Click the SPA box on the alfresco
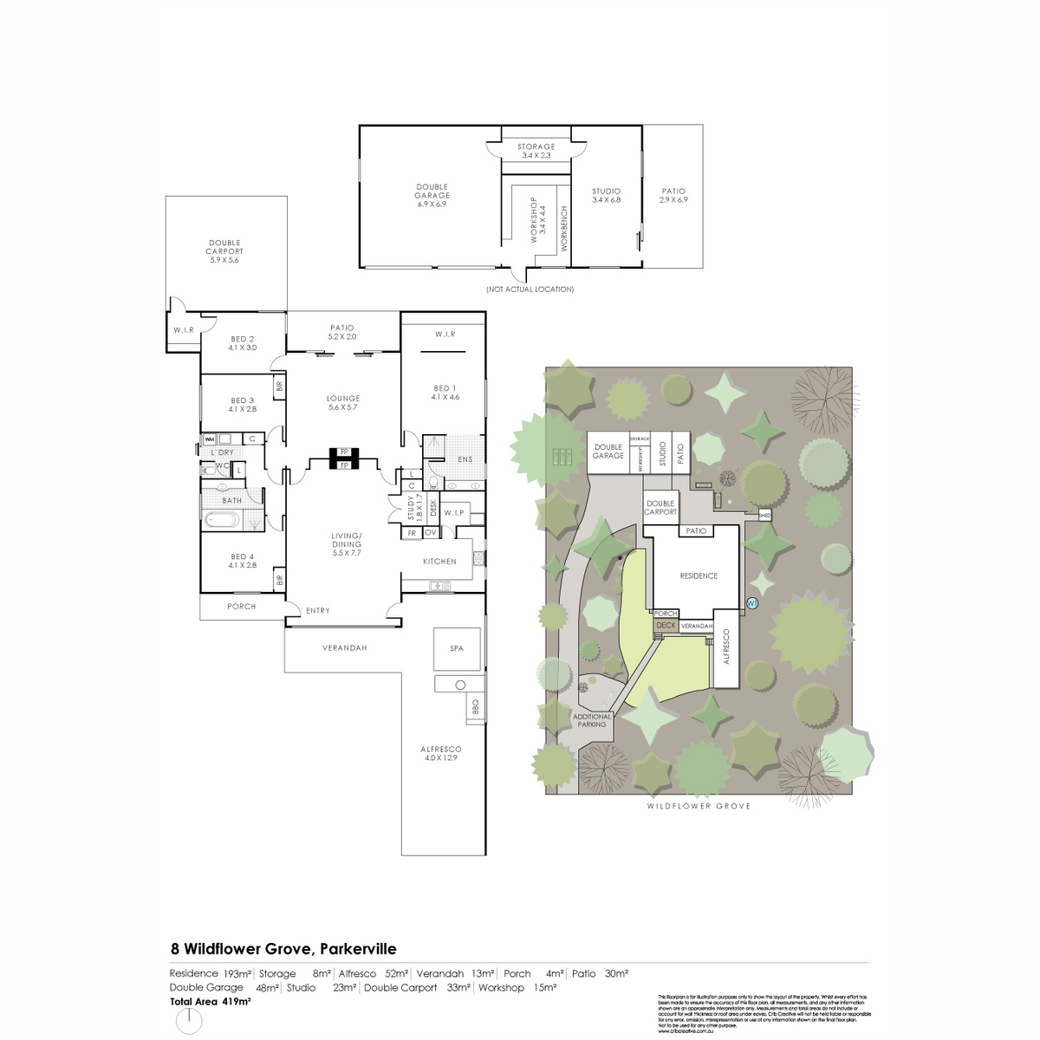[x=457, y=648]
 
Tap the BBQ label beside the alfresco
[x=475, y=710]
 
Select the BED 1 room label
[x=444, y=393]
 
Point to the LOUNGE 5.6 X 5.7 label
[x=343, y=403]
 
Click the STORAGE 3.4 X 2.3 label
[x=536, y=151]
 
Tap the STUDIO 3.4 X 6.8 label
[x=606, y=195]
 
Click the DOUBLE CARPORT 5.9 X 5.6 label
[x=224, y=251]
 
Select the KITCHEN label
[x=439, y=562]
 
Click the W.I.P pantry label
[x=454, y=513]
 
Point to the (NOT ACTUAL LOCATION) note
[x=530, y=289]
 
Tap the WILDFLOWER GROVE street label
[x=699, y=806]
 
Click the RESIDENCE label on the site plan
[x=699, y=575]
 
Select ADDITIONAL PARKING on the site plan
[x=592, y=720]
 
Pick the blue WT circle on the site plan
[x=752, y=603]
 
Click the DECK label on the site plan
[x=665, y=625]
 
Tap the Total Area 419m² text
[x=211, y=1001]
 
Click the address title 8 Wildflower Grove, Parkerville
[x=283, y=949]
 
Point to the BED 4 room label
[x=243, y=561]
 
